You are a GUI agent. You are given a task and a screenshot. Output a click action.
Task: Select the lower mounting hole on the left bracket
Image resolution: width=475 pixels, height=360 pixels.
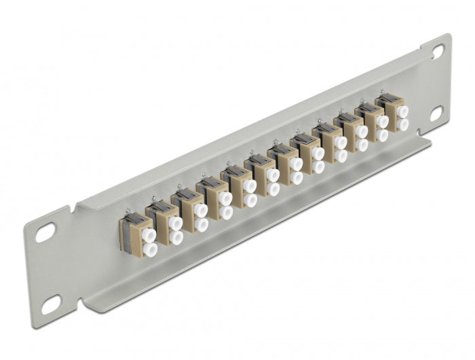click(50, 306)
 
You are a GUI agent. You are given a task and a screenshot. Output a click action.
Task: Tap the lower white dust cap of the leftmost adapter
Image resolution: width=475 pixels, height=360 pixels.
click(150, 250)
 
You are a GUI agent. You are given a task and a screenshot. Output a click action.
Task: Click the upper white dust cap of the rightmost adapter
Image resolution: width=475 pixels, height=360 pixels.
click(402, 111)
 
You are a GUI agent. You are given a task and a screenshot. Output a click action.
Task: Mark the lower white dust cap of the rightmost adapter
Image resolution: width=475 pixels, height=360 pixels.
click(403, 125)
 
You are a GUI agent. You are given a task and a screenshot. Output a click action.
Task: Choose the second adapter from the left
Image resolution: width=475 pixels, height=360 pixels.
click(164, 222)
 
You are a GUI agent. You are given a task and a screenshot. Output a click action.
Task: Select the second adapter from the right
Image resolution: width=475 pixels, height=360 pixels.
click(373, 123)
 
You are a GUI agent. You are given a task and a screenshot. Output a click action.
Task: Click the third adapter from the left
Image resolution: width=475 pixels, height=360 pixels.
click(189, 210)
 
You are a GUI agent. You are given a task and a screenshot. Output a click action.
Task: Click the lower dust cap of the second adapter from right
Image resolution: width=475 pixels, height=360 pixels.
click(383, 135)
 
